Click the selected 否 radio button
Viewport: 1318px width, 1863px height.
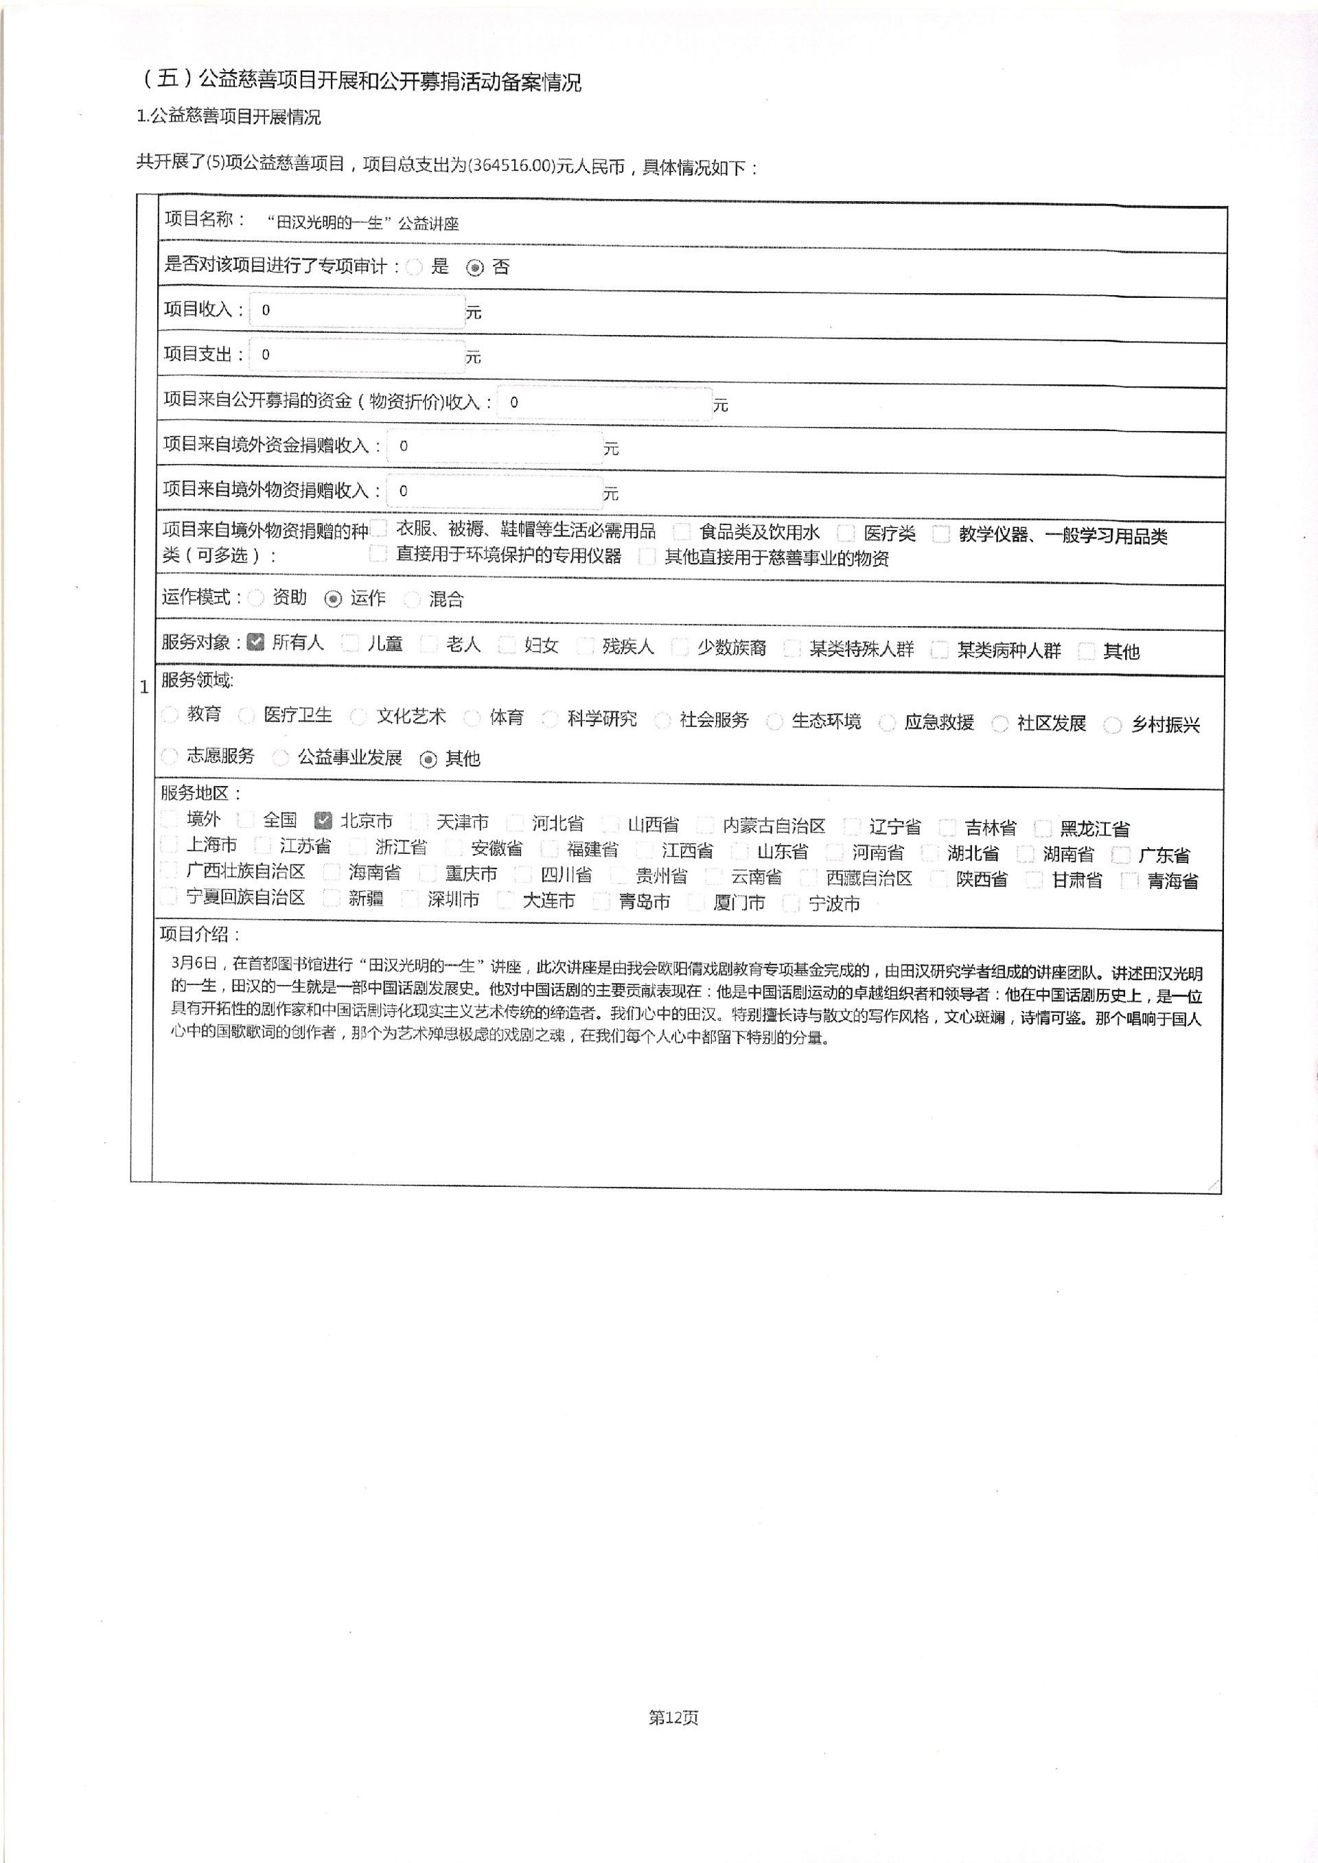pos(475,268)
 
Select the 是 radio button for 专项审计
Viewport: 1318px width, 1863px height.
pos(415,267)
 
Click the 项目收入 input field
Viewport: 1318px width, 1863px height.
pos(357,311)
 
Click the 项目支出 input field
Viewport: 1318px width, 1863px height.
pos(357,356)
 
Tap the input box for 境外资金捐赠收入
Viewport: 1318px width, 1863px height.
pos(494,446)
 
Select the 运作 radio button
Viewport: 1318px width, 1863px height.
pos(333,599)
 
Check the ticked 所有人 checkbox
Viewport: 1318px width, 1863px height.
pos(255,643)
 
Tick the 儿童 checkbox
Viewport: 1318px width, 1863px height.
pos(351,643)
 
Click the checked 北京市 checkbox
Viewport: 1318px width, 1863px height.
pos(323,820)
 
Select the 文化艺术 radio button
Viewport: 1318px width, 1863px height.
pos(358,717)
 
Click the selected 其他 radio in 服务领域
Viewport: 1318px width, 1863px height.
pos(428,759)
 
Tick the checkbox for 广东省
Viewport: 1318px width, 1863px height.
pos(1121,855)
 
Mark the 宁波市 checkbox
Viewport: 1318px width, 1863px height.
pos(791,903)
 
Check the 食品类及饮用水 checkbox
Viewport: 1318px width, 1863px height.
pos(682,531)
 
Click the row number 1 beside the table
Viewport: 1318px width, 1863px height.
pos(144,687)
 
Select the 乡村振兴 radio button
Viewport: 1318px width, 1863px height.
pos(1113,726)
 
